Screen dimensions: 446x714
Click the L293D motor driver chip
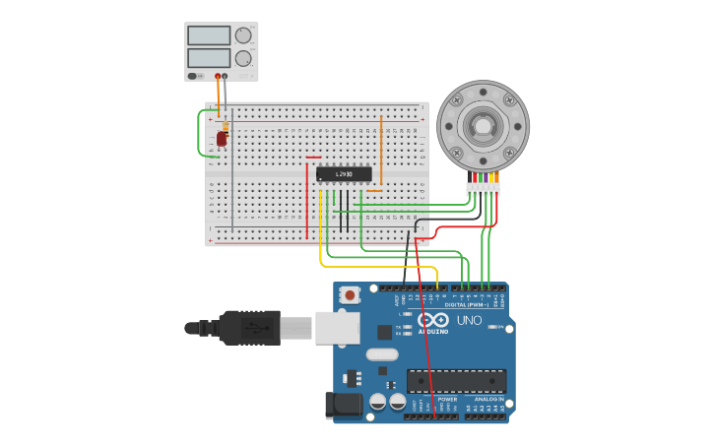(x=344, y=174)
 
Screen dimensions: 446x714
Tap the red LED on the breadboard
(x=222, y=140)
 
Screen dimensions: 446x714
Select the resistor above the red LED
(x=226, y=126)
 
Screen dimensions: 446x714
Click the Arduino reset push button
(x=350, y=294)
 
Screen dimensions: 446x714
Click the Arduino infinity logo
(x=432, y=319)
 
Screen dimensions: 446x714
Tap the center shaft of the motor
(x=483, y=126)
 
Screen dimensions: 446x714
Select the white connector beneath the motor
(x=484, y=189)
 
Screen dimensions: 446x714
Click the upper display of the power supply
(x=209, y=35)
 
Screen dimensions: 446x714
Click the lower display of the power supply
(x=209, y=58)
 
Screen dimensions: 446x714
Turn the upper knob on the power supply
(x=243, y=35)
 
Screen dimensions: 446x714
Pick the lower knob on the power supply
(x=243, y=58)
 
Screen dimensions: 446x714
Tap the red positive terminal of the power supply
(x=218, y=76)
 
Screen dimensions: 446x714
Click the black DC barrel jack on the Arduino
(x=341, y=404)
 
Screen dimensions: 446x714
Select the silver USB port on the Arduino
(x=337, y=328)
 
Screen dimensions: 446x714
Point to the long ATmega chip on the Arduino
(x=456, y=381)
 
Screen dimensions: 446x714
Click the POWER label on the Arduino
(x=433, y=399)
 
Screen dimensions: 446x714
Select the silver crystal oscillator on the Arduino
(x=381, y=354)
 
